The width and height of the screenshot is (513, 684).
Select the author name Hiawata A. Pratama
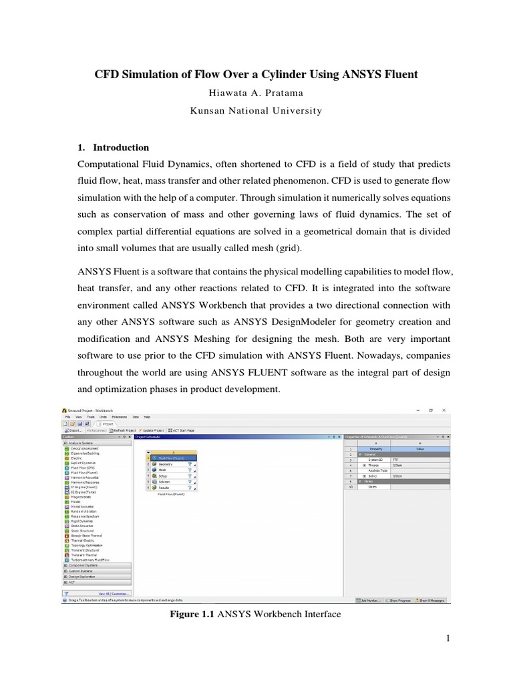(256, 93)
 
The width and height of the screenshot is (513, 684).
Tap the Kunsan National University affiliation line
(256, 111)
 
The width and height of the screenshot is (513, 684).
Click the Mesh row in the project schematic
(163, 470)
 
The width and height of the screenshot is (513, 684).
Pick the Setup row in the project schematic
(164, 476)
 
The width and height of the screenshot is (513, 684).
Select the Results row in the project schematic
(165, 488)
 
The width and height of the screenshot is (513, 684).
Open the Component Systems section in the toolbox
(83, 565)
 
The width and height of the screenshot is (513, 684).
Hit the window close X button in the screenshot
(444, 409)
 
